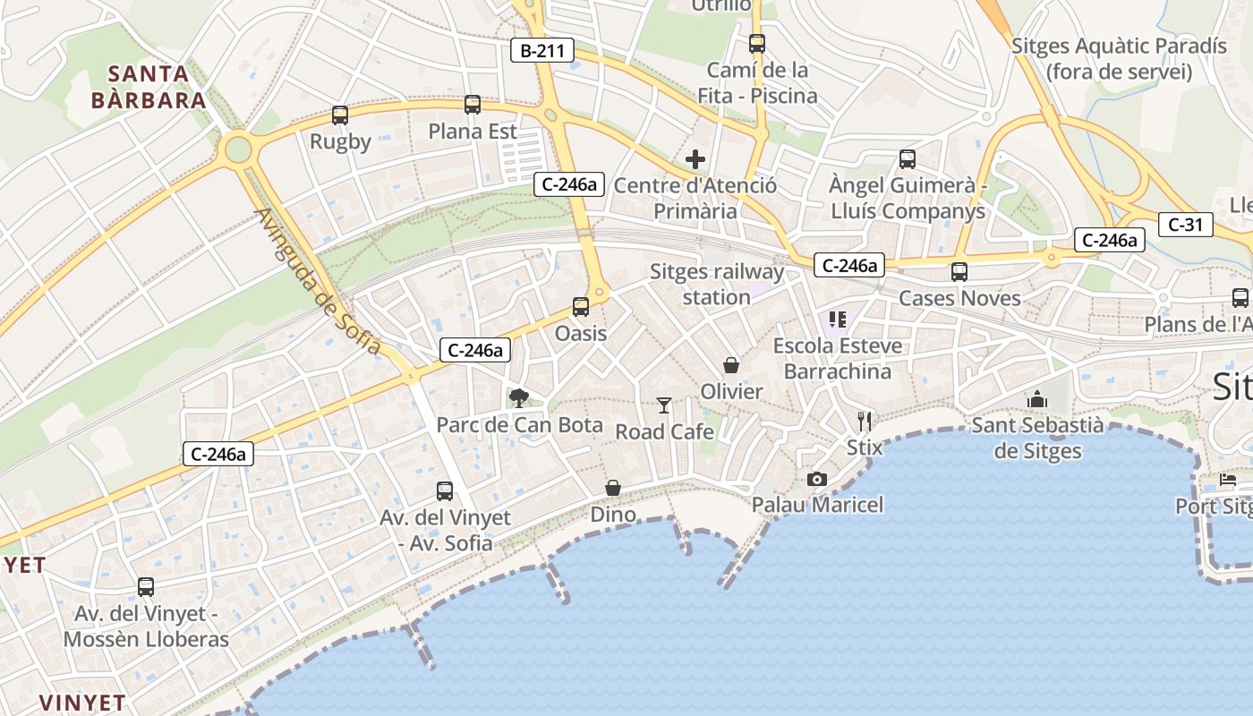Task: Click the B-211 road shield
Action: pyautogui.click(x=542, y=51)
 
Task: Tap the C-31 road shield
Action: pyautogui.click(x=1186, y=225)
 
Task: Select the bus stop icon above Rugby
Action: pyautogui.click(x=340, y=115)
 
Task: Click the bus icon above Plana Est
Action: pyautogui.click(x=473, y=105)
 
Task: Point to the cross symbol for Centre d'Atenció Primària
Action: pyautogui.click(x=695, y=160)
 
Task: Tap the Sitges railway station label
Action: pyautogui.click(x=716, y=284)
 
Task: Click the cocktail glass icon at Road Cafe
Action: pyautogui.click(x=663, y=405)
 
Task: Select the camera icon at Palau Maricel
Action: pyautogui.click(x=816, y=479)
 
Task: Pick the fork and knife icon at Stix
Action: pyautogui.click(x=864, y=421)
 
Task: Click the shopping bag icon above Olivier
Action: pyautogui.click(x=731, y=365)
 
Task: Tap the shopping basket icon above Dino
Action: pyautogui.click(x=613, y=488)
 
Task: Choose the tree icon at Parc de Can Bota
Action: pyautogui.click(x=518, y=398)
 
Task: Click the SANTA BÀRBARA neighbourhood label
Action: pyautogui.click(x=149, y=87)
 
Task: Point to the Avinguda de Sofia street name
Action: pyautogui.click(x=318, y=281)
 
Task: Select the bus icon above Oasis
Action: pyautogui.click(x=581, y=307)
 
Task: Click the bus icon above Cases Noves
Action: pyautogui.click(x=959, y=272)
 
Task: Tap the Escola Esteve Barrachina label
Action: pyautogui.click(x=837, y=358)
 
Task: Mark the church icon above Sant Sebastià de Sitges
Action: pyautogui.click(x=1037, y=399)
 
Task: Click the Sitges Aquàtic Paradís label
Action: pyautogui.click(x=1119, y=58)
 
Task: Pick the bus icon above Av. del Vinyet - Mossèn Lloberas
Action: pyautogui.click(x=146, y=587)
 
